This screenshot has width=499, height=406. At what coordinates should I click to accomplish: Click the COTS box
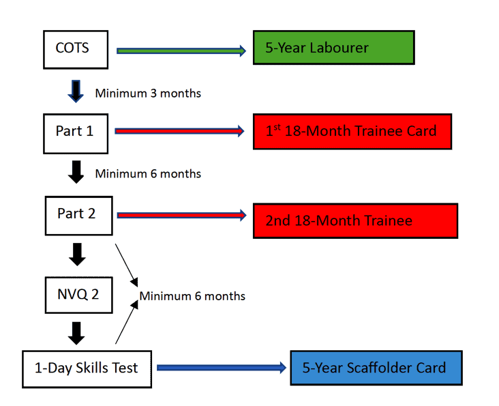click(x=76, y=50)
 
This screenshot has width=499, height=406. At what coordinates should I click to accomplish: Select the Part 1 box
click(x=76, y=134)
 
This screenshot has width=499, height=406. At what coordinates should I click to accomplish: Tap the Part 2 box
click(x=79, y=216)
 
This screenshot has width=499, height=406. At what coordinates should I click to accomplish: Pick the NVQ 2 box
click(x=79, y=295)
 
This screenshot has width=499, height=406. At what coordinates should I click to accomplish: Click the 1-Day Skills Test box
click(x=87, y=369)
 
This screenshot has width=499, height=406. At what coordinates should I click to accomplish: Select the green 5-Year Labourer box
click(x=334, y=48)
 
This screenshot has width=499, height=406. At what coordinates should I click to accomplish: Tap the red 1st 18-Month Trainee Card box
click(x=352, y=132)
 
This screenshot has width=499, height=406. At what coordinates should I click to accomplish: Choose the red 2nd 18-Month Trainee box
click(x=355, y=221)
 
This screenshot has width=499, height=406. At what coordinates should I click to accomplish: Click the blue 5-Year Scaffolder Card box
click(x=376, y=368)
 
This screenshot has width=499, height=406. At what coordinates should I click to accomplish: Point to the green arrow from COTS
click(x=181, y=50)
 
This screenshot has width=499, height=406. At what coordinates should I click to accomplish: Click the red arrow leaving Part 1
click(x=179, y=131)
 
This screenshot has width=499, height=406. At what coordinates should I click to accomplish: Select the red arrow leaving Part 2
click(x=182, y=215)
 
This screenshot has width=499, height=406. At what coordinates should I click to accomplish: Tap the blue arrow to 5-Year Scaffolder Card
click(x=222, y=368)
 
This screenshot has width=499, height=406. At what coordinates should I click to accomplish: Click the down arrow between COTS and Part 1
click(x=76, y=91)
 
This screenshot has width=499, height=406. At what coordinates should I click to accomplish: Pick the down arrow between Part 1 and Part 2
click(x=76, y=172)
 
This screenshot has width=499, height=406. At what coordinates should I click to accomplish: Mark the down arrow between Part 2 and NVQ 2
click(x=77, y=255)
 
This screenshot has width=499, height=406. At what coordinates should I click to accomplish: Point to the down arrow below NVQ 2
click(x=76, y=334)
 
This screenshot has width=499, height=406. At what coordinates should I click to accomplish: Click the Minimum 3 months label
click(x=148, y=93)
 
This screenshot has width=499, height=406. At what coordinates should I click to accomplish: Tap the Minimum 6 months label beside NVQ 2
click(x=192, y=296)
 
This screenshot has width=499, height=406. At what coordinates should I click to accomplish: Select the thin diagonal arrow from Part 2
click(x=126, y=265)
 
